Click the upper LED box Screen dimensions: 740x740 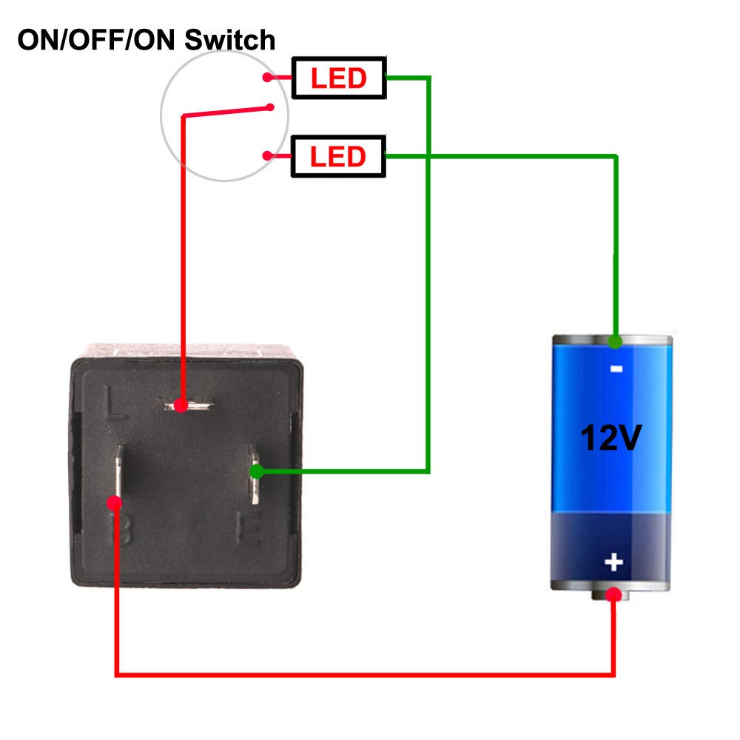(x=339, y=78)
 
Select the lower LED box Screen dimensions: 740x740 (x=339, y=156)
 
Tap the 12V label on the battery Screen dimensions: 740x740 (x=610, y=437)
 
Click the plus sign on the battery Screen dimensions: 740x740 (x=613, y=562)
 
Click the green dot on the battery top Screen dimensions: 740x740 (x=614, y=342)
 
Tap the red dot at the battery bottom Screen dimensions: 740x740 (x=613, y=594)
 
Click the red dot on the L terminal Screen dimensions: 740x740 (x=180, y=406)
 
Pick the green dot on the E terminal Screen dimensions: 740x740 (x=256, y=471)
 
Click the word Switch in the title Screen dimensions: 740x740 (x=230, y=39)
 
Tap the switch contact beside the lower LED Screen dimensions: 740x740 (x=266, y=155)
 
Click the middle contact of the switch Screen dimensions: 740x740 (x=272, y=107)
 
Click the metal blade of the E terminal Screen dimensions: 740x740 (x=253, y=488)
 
